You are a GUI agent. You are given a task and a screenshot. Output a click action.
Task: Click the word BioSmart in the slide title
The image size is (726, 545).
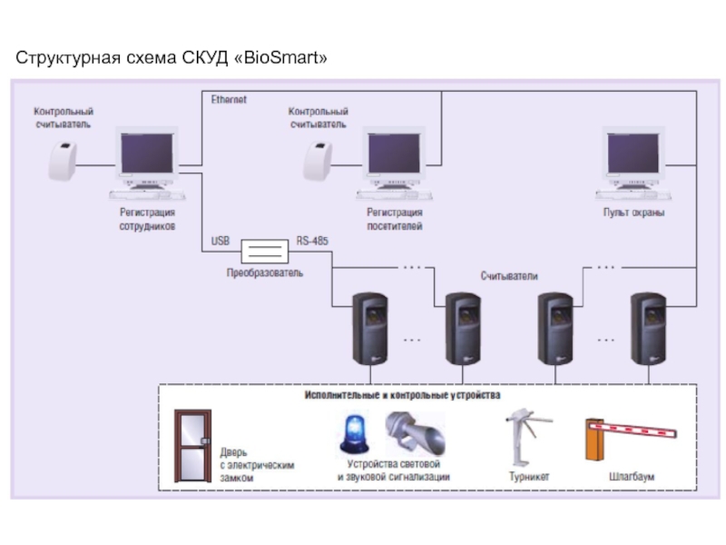click(x=280, y=59)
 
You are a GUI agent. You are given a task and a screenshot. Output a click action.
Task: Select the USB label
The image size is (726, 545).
click(x=221, y=242)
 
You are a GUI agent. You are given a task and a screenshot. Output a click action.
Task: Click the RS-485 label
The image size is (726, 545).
click(x=312, y=242)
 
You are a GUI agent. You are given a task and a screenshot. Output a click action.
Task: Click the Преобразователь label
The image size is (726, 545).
click(x=265, y=272)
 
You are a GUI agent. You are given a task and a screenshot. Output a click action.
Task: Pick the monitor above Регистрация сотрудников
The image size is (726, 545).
click(x=148, y=156)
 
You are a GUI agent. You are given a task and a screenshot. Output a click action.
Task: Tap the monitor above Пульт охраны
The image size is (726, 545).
click(x=633, y=156)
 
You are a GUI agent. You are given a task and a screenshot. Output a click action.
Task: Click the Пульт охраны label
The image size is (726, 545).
click(x=633, y=213)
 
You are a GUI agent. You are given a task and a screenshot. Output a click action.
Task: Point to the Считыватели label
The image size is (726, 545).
click(x=509, y=275)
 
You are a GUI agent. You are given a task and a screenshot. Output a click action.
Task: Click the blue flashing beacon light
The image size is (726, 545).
click(x=353, y=435)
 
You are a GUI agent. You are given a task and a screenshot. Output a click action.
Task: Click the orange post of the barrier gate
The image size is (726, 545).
click(x=595, y=443)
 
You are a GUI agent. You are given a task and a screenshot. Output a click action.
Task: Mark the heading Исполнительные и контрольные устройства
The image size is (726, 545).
click(x=401, y=396)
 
